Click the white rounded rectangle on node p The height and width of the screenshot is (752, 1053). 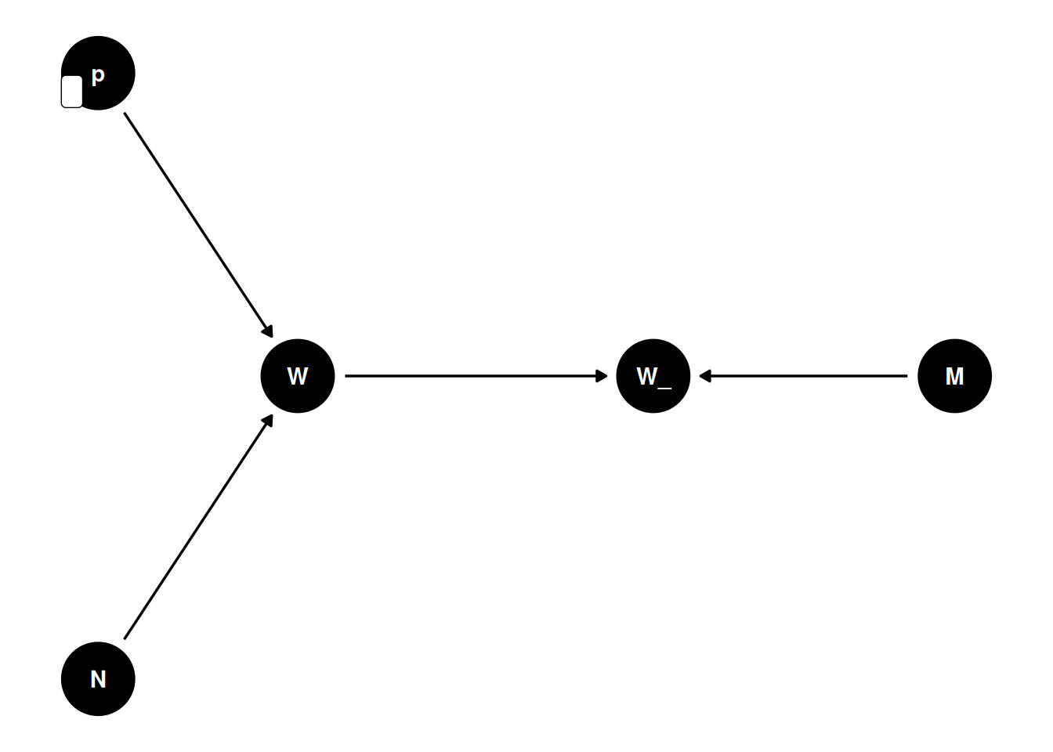[72, 92]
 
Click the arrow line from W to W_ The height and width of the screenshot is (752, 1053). [470, 376]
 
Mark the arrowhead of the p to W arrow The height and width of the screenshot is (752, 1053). [268, 331]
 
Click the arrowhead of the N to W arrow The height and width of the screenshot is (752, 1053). [268, 421]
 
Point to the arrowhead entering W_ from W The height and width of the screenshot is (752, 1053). [602, 376]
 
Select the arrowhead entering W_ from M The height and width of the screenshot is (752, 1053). [704, 376]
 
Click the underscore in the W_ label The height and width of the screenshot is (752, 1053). [664, 386]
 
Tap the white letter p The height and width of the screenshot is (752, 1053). [98, 76]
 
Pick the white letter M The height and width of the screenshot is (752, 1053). [954, 377]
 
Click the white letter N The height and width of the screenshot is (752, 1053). [98, 679]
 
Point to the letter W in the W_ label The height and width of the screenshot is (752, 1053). [646, 377]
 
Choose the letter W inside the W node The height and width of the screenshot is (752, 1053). [298, 377]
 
